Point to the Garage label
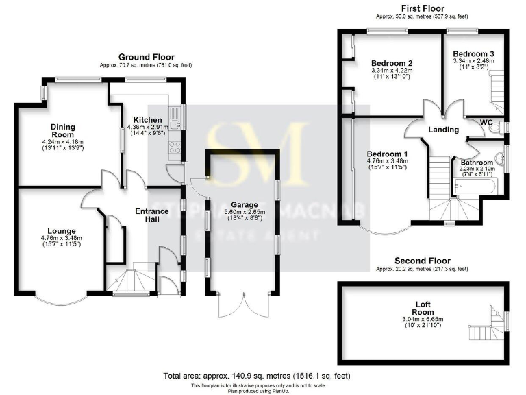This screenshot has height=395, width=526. click(x=244, y=204)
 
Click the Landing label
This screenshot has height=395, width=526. click(x=443, y=130)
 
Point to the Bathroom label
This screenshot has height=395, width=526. click(x=475, y=163)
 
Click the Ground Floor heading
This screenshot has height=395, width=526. click(x=146, y=57)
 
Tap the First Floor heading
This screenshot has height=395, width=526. click(x=419, y=8)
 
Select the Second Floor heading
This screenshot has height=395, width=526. click(x=422, y=261)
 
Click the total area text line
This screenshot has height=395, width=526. click(x=262, y=376)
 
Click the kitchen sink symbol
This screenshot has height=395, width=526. click(x=176, y=124)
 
